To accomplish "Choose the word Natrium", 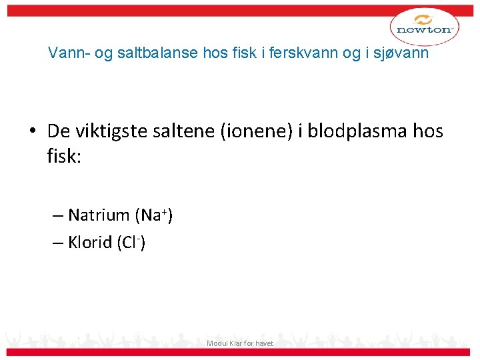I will coord(99,215).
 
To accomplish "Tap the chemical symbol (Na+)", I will coord(153,215).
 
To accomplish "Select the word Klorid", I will coord(90,243).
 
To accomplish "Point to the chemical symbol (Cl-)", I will coord(131,243).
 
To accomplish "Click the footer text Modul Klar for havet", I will coord(240,343).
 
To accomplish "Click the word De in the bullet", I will coord(58,132).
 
